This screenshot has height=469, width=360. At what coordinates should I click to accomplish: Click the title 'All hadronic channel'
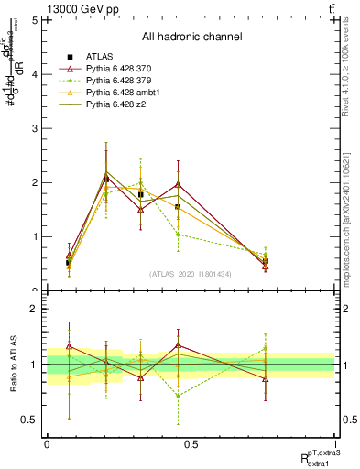tap(191, 38)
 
